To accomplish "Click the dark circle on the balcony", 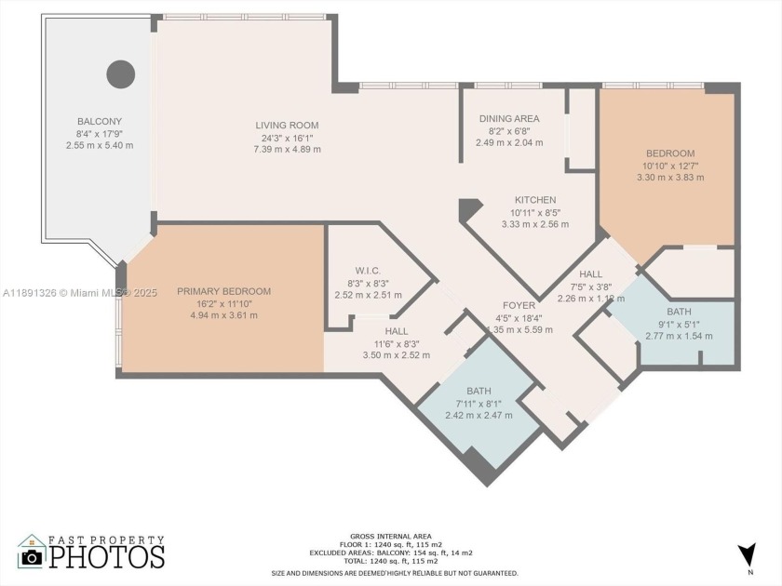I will [x=120, y=73].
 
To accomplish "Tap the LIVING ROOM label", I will [x=287, y=126].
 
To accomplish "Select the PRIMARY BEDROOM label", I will [x=223, y=291].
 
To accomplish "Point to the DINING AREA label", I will [x=509, y=119].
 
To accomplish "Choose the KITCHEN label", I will [x=535, y=200].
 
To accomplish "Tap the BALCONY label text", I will [x=99, y=122].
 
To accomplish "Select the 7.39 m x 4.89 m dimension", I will [x=287, y=149].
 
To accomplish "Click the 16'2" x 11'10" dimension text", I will [x=223, y=303].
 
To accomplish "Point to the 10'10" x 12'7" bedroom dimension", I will [x=670, y=166].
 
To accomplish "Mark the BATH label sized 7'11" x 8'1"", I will [x=479, y=392].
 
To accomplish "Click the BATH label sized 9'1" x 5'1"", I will [x=679, y=312].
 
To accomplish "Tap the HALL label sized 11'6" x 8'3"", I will [x=396, y=330].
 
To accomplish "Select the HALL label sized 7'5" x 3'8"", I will [x=590, y=274].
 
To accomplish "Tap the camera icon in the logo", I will [x=33, y=556].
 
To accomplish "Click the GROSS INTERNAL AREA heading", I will [x=390, y=537].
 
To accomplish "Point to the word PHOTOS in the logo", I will [x=106, y=556].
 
